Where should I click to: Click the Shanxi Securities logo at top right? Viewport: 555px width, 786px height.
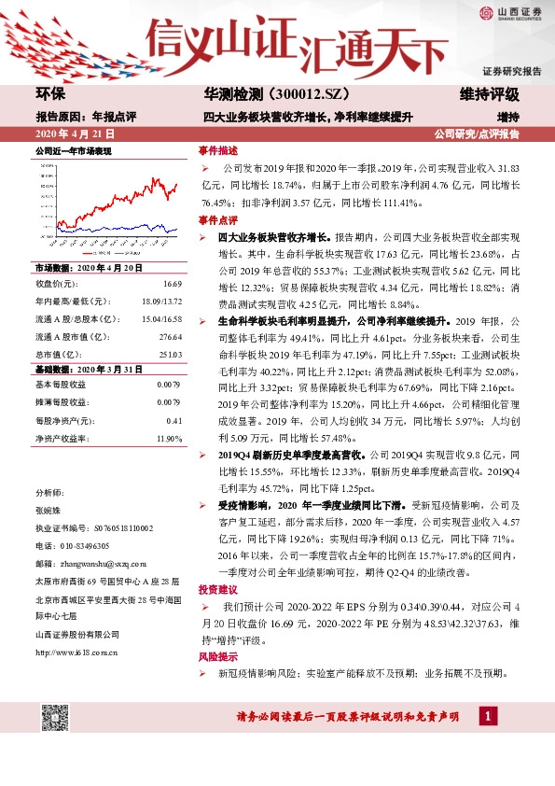(513, 13)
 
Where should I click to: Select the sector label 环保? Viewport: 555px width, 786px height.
(52, 94)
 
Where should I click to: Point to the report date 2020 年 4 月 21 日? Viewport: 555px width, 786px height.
(77, 134)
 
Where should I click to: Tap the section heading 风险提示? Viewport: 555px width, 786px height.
(217, 657)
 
